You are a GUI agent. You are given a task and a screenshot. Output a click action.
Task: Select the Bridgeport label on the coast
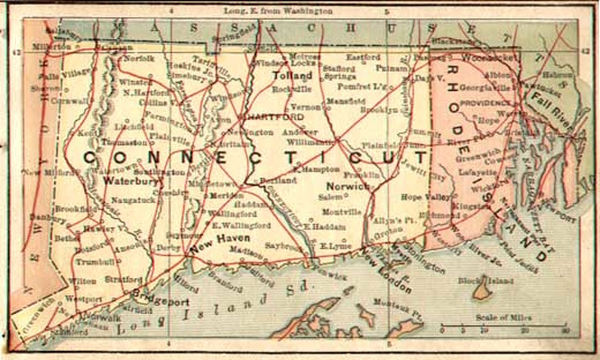click(161, 297)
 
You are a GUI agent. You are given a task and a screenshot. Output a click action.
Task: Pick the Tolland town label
click(291, 76)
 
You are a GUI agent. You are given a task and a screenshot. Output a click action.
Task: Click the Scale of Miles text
click(503, 318)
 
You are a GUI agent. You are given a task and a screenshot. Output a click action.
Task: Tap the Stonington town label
click(420, 257)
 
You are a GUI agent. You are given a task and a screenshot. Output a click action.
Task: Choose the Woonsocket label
click(489, 58)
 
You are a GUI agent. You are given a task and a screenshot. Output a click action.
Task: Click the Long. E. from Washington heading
click(278, 11)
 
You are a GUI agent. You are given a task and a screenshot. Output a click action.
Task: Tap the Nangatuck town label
click(133, 200)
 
